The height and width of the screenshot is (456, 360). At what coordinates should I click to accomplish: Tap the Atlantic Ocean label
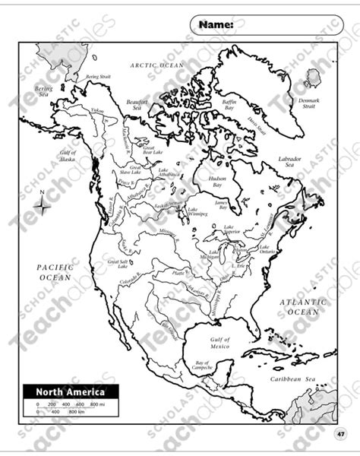pos(303,307)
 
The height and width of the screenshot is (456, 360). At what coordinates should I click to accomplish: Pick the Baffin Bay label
pos(230,104)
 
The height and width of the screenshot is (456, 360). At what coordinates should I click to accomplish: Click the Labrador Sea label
pos(289,162)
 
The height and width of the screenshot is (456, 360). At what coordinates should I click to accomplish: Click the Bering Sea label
pos(44,91)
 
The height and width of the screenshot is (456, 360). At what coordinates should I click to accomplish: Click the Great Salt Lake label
pos(118,262)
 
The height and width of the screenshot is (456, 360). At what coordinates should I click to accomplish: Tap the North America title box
pos(70,392)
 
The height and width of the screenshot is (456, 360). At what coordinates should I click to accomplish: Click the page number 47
pos(341,433)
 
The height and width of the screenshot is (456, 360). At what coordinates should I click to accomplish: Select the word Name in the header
pos(216,24)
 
